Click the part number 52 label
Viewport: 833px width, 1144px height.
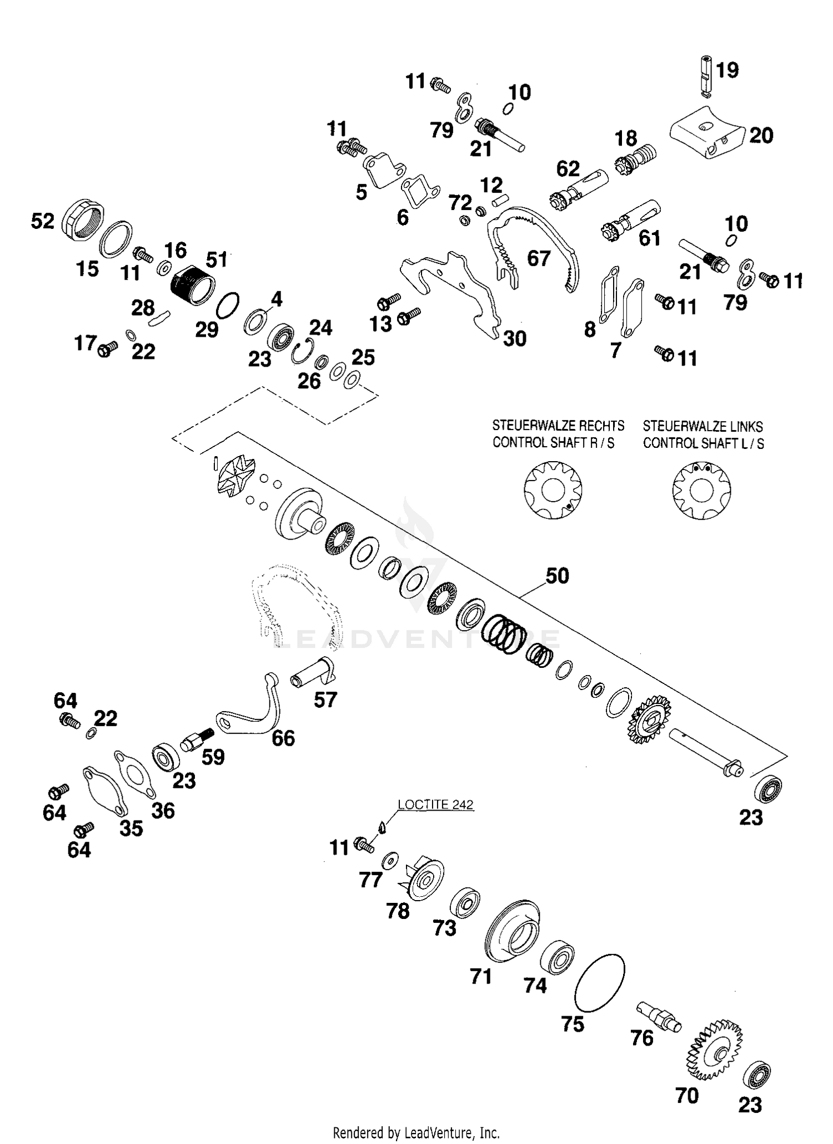(x=43, y=222)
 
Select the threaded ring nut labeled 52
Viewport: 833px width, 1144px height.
(x=82, y=219)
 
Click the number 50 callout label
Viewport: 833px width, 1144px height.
(x=557, y=576)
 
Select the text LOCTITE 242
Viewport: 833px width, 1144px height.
(x=435, y=805)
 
